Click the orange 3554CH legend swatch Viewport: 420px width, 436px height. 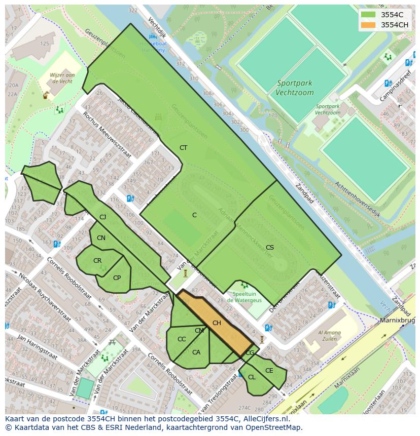369,25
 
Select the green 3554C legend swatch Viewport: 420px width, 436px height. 369,15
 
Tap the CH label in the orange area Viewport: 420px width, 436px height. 217,323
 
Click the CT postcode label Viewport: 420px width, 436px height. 183,148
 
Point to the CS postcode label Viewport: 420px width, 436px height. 270,248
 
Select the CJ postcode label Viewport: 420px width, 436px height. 103,217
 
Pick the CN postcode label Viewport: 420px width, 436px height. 101,238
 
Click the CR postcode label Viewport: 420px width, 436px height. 97,261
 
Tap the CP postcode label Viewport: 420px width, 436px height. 117,278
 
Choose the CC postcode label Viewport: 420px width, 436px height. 182,339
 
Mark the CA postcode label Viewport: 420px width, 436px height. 196,352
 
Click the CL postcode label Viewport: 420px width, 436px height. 252,377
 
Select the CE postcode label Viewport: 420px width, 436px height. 269,371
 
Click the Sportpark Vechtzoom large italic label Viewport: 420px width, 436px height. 294,88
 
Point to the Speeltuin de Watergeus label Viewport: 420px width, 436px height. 243,297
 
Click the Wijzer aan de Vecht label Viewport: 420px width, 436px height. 62,78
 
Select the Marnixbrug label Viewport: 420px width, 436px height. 399,321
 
